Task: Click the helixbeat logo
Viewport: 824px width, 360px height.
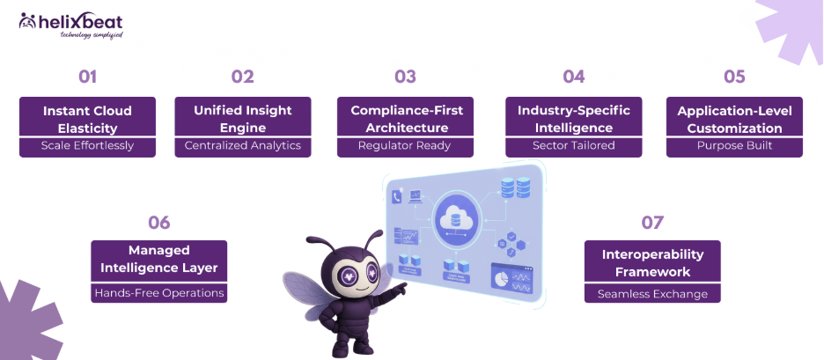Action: coord(70,25)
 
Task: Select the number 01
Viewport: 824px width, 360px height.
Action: coord(87,77)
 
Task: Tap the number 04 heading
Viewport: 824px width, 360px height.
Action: coord(573,77)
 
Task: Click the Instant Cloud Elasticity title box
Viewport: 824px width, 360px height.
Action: coord(87,119)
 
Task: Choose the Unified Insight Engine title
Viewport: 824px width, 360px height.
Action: coord(242,119)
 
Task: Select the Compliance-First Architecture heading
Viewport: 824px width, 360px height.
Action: coord(405,119)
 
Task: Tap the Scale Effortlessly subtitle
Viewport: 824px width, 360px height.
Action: coord(87,146)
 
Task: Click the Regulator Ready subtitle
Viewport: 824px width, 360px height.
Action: coord(405,146)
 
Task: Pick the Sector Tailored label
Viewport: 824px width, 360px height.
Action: coord(573,146)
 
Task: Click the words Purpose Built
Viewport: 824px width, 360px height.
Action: coord(734,146)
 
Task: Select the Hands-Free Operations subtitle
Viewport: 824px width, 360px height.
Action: coord(159,293)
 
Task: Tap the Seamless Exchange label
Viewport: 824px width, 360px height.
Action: coord(652,293)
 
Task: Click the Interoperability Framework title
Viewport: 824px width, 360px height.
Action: coord(652,262)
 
